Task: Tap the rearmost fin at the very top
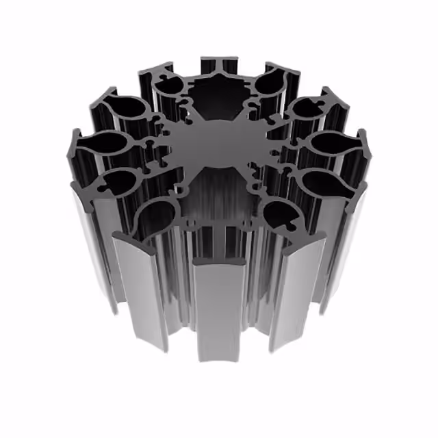click(219, 64)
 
